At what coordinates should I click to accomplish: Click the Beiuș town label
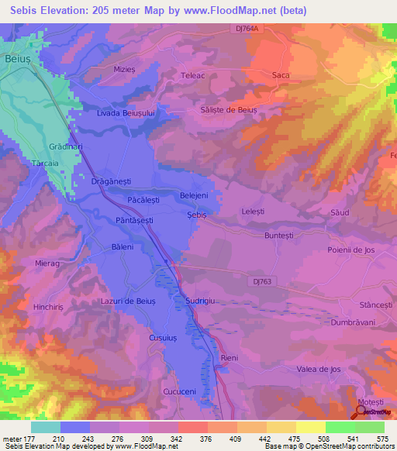[16, 58]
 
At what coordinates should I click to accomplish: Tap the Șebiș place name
[198, 214]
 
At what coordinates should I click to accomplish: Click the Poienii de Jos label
[351, 250]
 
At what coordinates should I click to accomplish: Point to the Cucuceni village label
[179, 392]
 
